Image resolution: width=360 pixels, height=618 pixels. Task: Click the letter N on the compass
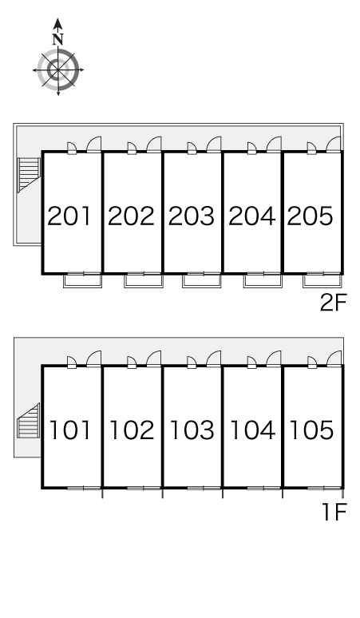58,39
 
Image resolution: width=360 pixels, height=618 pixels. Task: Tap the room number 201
69,216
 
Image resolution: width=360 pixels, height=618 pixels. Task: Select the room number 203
192,216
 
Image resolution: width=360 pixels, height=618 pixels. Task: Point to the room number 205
311,216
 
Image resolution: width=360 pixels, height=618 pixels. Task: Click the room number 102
132,430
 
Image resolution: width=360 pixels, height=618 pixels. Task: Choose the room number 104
252,430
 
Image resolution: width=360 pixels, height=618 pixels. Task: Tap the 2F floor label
333,303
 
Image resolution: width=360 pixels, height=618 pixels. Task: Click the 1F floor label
334,513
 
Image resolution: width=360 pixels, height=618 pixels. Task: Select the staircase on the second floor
30,175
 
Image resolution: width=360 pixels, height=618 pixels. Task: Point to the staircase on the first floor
29,420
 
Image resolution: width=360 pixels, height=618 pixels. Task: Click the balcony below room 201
83,280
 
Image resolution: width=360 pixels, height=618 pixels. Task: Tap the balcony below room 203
202,280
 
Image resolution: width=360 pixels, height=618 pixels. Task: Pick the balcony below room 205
322,280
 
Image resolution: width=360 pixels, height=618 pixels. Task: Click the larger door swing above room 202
154,145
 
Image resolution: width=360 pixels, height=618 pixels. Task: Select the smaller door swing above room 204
251,148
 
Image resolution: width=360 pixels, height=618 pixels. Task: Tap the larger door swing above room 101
93,359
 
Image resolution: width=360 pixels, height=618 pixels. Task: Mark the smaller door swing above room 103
192,362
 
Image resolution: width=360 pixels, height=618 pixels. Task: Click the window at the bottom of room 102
144,489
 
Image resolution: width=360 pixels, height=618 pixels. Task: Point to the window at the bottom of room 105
324,489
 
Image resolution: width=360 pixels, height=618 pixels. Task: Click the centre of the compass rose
58,70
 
